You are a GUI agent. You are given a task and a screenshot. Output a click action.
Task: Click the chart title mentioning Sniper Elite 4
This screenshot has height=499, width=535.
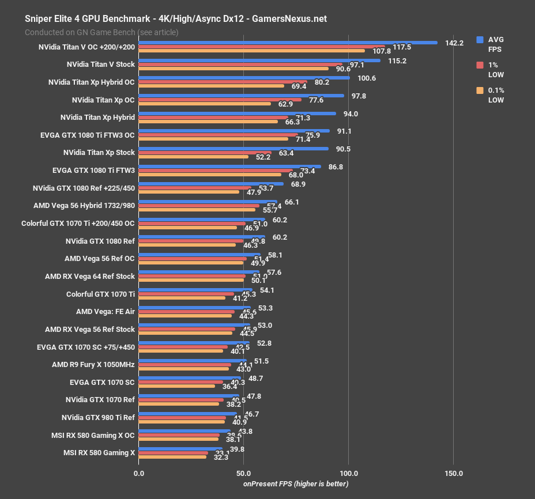pos(175,18)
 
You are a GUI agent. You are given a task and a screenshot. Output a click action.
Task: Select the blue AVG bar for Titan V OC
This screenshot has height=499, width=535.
pos(288,43)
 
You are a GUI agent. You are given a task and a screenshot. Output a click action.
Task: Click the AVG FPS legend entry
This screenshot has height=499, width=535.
pos(495,44)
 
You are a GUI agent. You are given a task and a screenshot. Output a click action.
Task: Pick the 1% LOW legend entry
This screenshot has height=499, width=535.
pos(495,70)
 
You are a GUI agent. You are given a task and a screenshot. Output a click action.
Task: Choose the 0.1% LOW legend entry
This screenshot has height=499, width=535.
pos(495,95)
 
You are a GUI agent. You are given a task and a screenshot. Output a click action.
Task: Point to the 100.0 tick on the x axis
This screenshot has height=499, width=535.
pos(348,474)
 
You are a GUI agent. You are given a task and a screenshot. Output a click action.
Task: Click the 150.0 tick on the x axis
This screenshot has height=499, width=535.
pos(453,474)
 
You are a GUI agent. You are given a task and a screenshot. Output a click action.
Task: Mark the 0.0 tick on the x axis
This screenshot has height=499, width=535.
pos(139,474)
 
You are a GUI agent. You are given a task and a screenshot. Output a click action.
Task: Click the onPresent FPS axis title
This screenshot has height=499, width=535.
pos(296,484)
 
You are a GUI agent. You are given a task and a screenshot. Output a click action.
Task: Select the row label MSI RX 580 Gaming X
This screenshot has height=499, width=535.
pos(99,453)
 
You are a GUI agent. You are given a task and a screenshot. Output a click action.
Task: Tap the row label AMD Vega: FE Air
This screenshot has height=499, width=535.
pos(106,312)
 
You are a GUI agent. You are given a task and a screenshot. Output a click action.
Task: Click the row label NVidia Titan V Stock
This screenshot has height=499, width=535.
pos(101,65)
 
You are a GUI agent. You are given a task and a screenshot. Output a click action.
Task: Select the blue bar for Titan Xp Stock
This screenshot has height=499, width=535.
pos(233,148)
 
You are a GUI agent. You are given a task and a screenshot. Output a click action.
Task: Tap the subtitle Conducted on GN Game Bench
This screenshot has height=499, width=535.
pos(101,32)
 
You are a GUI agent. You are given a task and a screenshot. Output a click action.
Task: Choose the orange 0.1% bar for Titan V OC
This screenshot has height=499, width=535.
pos(252,51)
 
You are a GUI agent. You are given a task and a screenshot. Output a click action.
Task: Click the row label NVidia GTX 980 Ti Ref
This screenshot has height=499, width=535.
pos(98,418)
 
